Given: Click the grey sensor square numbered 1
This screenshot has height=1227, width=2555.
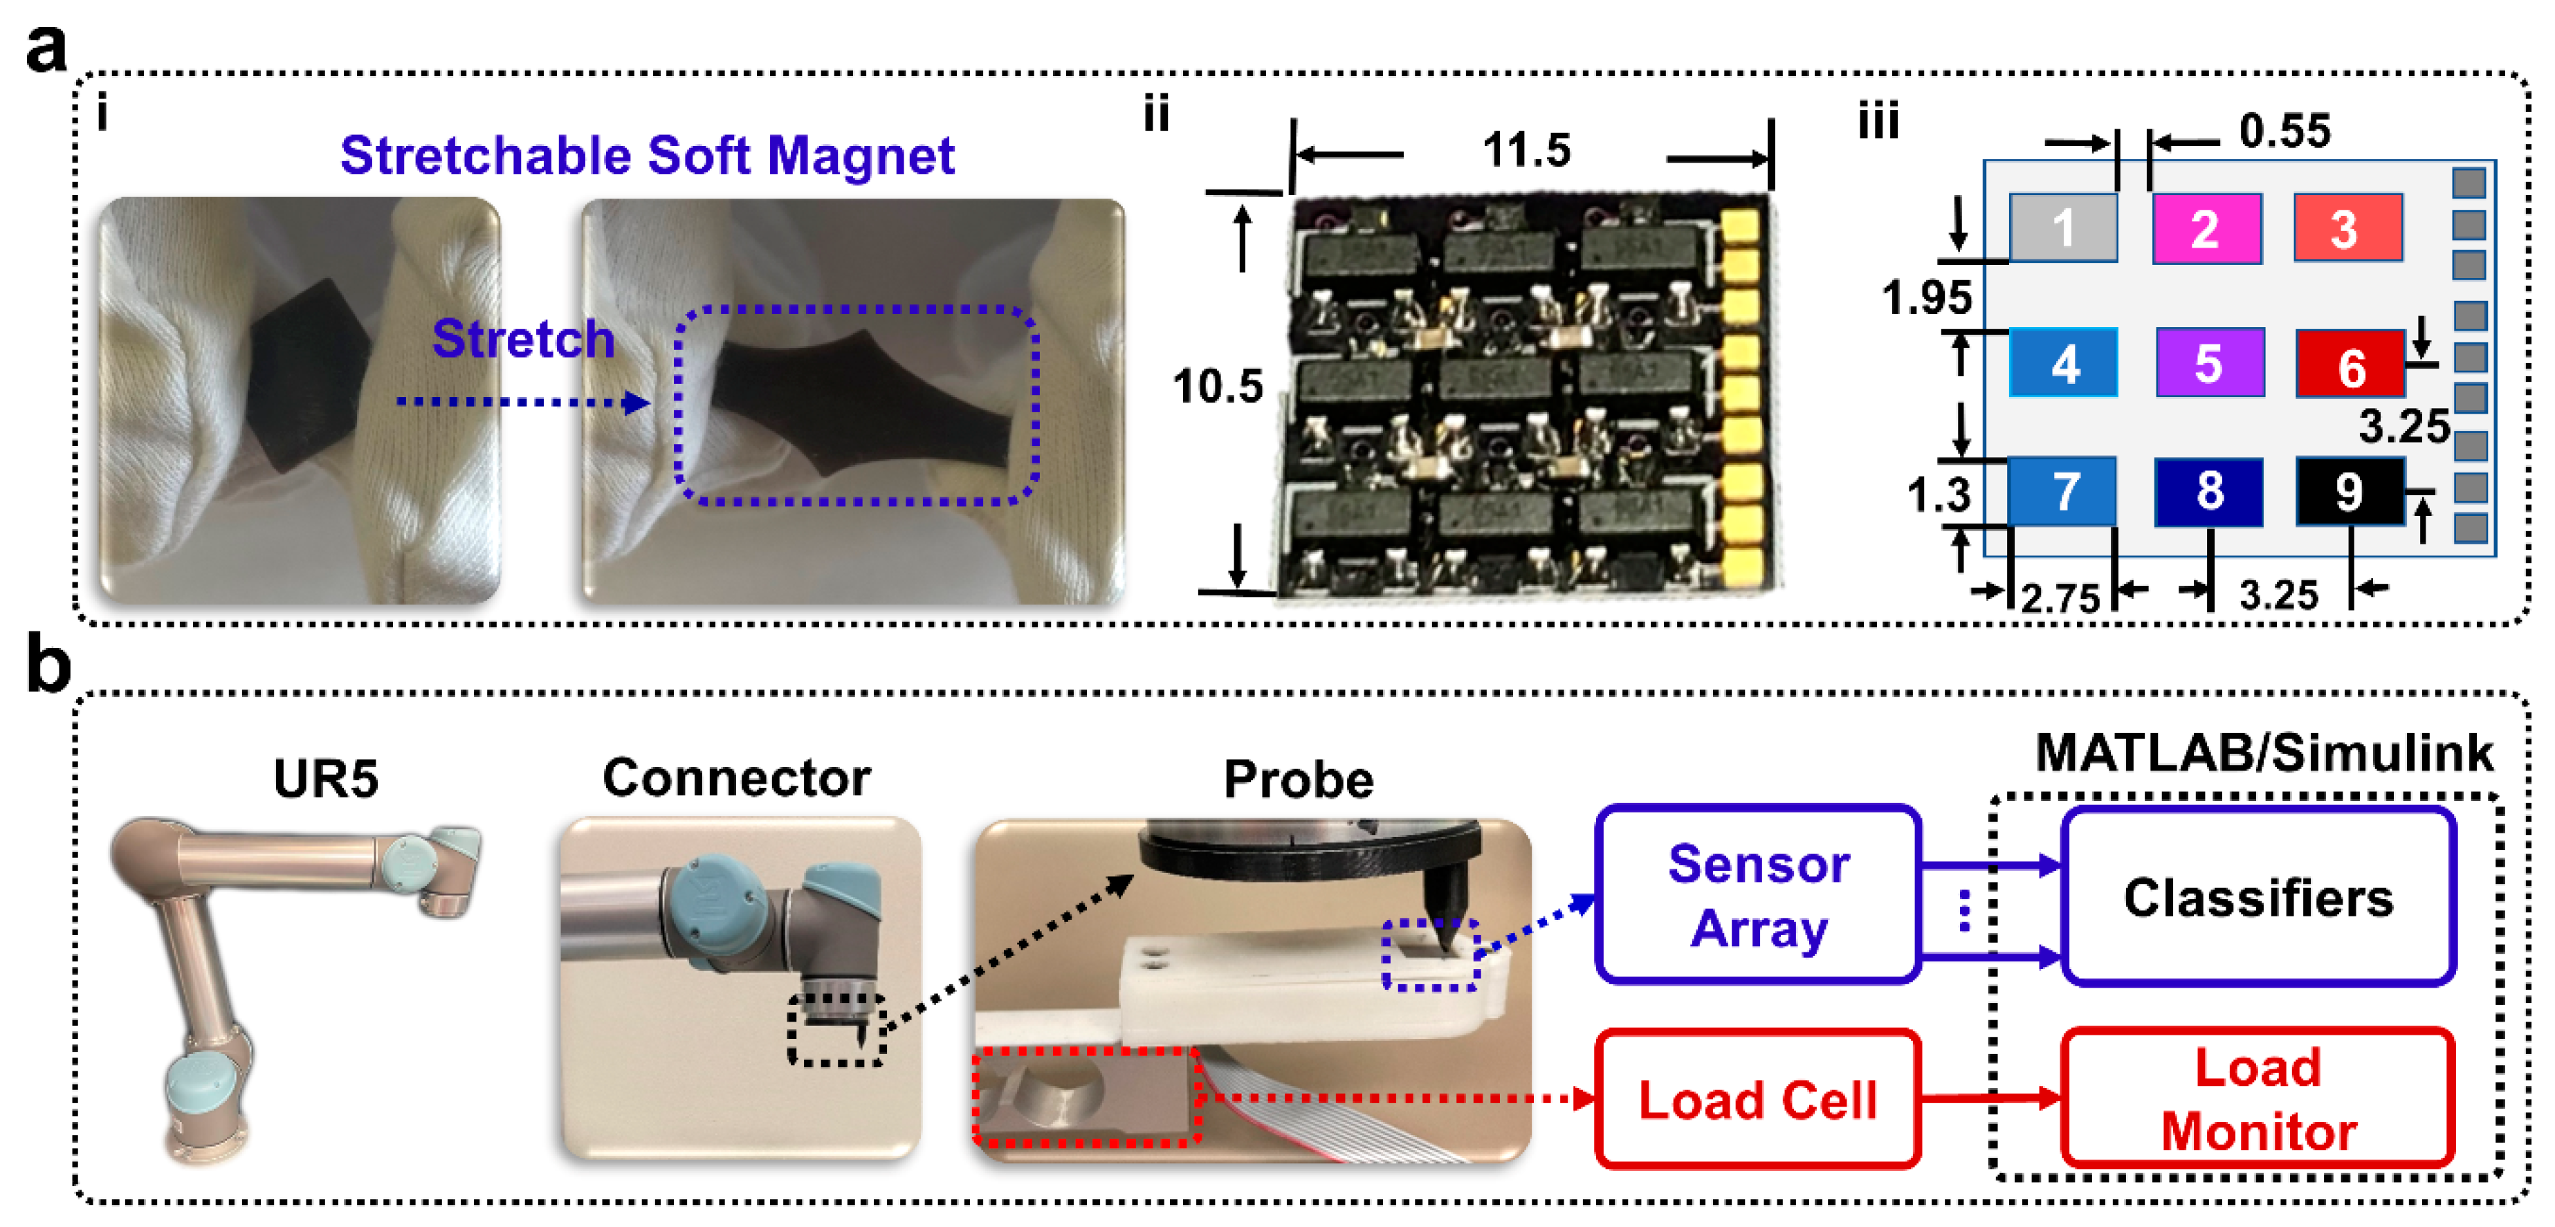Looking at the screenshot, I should click(2063, 228).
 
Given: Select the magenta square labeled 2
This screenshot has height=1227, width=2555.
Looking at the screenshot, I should click(2206, 229).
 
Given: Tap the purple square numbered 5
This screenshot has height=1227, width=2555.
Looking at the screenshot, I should click(2209, 363).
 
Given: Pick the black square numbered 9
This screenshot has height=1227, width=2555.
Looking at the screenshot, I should click(2350, 491).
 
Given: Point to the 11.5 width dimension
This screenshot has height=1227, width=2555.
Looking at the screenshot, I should click(1526, 151).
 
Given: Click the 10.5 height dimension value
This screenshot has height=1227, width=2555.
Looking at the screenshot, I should click(1218, 386).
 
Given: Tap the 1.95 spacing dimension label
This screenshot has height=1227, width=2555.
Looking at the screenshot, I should click(1926, 297).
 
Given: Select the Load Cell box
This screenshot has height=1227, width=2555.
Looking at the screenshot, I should click(1757, 1099).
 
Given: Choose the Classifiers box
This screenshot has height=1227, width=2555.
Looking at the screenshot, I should click(2258, 896).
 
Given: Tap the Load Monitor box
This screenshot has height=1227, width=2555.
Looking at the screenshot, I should click(2258, 1099).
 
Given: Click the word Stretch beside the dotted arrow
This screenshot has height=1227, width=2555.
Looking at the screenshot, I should click(523, 339).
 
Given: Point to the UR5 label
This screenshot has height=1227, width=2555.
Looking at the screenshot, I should click(325, 779).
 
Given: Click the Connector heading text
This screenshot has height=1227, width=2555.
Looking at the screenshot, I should click(736, 777).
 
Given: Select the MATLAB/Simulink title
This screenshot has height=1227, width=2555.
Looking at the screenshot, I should click(2264, 752).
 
